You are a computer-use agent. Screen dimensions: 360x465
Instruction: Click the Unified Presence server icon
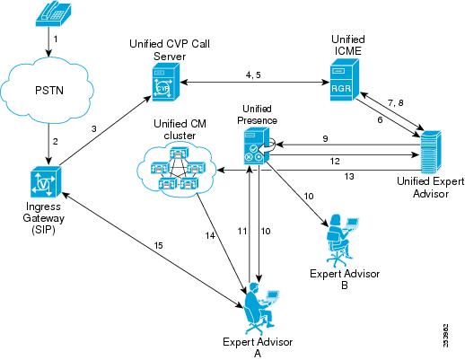253,145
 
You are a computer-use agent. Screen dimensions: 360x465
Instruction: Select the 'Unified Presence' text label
254,113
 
